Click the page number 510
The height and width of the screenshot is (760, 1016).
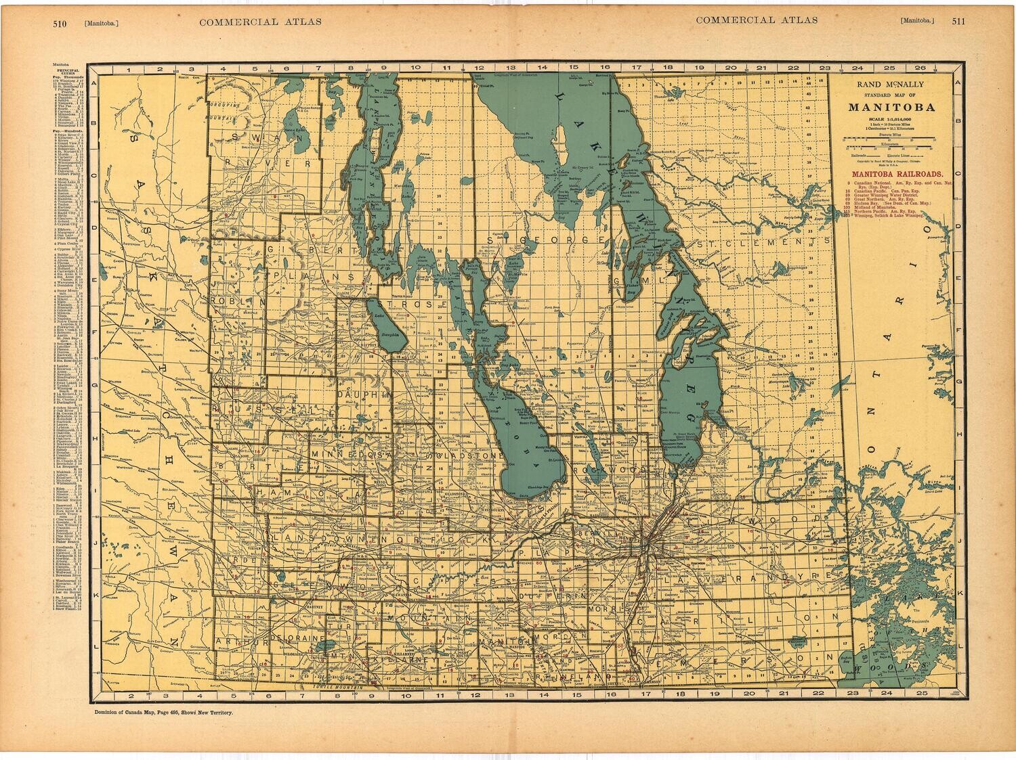[x=63, y=22]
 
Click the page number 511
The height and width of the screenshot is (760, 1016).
[x=958, y=21]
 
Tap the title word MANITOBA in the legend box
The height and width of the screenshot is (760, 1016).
[x=891, y=107]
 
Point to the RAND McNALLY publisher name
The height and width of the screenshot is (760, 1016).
[x=891, y=84]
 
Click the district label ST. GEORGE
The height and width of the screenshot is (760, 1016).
[x=547, y=239]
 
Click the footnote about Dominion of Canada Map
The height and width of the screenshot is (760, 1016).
[x=161, y=713]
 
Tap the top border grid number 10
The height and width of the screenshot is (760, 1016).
[x=415, y=68]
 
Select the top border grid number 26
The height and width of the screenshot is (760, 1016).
[x=920, y=68]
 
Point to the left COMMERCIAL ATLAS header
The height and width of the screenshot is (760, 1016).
[x=260, y=22]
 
